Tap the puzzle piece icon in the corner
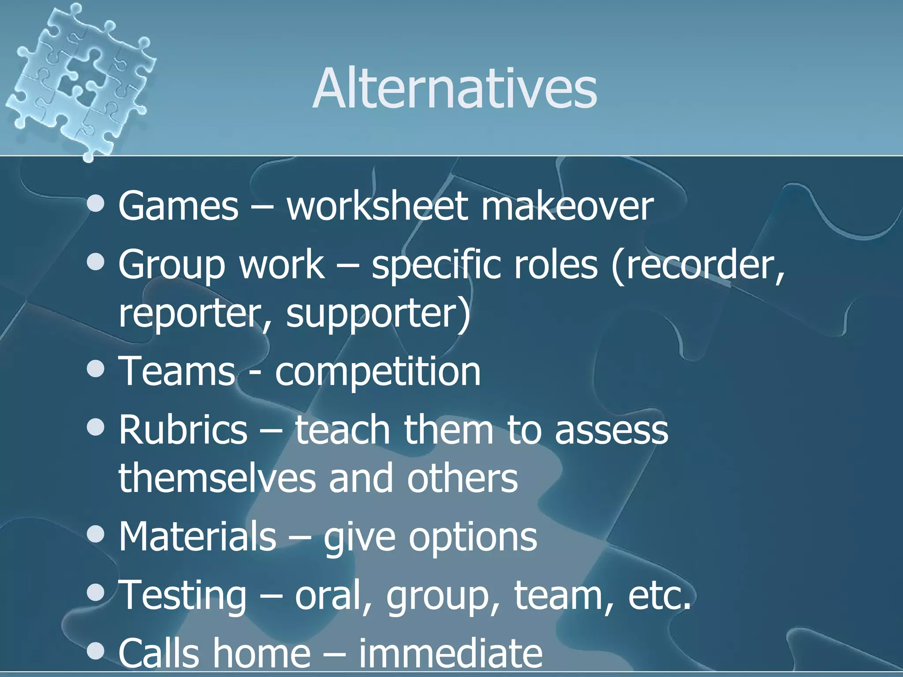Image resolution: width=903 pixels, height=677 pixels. click(x=79, y=79)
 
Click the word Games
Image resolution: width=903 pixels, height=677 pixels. click(x=178, y=206)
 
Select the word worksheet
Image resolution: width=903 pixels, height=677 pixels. click(x=377, y=206)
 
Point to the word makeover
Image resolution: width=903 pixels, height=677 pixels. click(x=567, y=206)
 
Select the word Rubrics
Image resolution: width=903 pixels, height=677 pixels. click(x=183, y=430)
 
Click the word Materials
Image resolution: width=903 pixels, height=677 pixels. click(x=197, y=536)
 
